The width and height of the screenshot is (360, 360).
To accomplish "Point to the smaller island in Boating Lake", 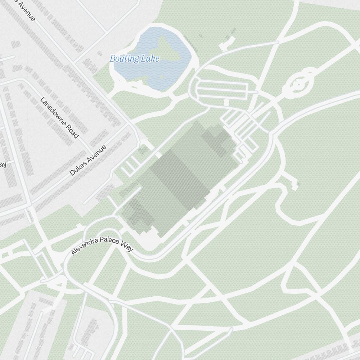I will pos(161,76).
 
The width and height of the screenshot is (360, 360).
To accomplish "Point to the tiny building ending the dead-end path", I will pos(296,185).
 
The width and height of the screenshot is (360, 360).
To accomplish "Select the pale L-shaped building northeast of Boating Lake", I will pos(227,42).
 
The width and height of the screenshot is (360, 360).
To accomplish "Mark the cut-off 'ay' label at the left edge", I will pos(3,165).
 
